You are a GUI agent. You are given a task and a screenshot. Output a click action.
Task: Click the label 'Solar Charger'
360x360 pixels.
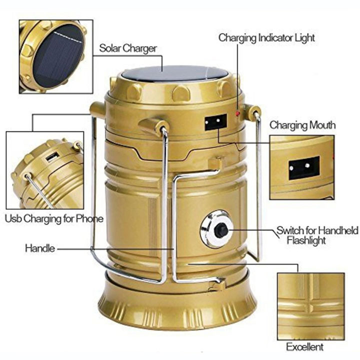[x=128, y=48]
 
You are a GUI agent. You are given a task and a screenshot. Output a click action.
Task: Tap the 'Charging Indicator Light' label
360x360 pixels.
[x=266, y=38]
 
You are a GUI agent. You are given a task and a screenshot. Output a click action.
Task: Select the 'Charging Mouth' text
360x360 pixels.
[x=302, y=125]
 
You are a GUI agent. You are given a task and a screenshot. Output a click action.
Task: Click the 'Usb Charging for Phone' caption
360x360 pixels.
[x=54, y=219]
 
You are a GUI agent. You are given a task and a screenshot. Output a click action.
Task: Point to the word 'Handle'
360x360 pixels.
[x=40, y=248]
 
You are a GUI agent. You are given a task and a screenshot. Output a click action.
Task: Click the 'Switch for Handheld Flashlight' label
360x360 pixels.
[x=317, y=235]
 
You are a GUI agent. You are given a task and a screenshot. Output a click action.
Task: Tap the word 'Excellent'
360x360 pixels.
[x=304, y=347]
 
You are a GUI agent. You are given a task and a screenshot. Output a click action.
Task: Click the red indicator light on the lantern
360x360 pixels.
[x=238, y=113]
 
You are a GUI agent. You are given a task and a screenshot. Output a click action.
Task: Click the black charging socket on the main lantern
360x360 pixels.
[x=215, y=122]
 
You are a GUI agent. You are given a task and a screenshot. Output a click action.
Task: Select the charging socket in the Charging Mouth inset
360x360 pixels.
[x=304, y=168]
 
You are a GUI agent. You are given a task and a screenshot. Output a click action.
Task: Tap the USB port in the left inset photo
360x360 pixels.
[x=52, y=157]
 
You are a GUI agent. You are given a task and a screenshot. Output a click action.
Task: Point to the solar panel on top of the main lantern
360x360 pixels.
[x=174, y=73]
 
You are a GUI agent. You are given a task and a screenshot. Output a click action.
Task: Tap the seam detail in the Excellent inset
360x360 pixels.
[x=310, y=306]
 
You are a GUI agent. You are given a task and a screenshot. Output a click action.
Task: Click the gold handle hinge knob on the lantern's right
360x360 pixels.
[x=252, y=113]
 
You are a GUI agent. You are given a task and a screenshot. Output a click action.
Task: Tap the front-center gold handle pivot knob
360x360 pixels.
[x=154, y=127]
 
